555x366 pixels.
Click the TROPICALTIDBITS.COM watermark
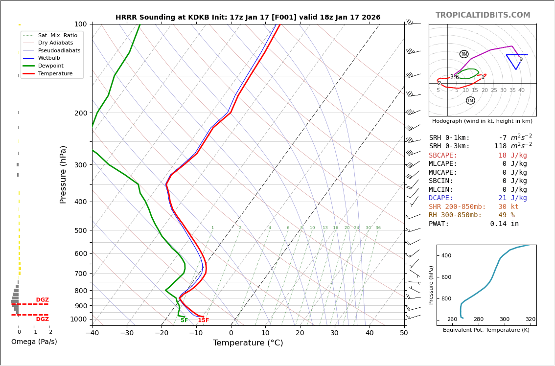pyautogui.click(x=483, y=15)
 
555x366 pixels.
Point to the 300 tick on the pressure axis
pyautogui.click(x=81, y=165)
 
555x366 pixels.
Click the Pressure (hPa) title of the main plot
pyautogui.click(x=64, y=174)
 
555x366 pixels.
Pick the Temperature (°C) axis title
pyautogui.click(x=248, y=343)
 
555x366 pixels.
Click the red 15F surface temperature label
pyautogui.click(x=203, y=320)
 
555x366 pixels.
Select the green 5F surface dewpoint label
pyautogui.click(x=184, y=320)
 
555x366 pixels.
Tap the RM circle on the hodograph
pyautogui.click(x=464, y=54)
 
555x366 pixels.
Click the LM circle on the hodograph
pyautogui.click(x=470, y=100)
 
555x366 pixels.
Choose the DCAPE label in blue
pyautogui.click(x=443, y=198)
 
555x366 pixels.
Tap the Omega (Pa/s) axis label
pyautogui.click(x=34, y=342)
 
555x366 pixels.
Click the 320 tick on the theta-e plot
pyautogui.click(x=530, y=320)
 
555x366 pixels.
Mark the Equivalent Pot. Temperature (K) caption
pyautogui.click(x=486, y=330)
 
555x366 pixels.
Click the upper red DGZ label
pyautogui.click(x=42, y=300)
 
